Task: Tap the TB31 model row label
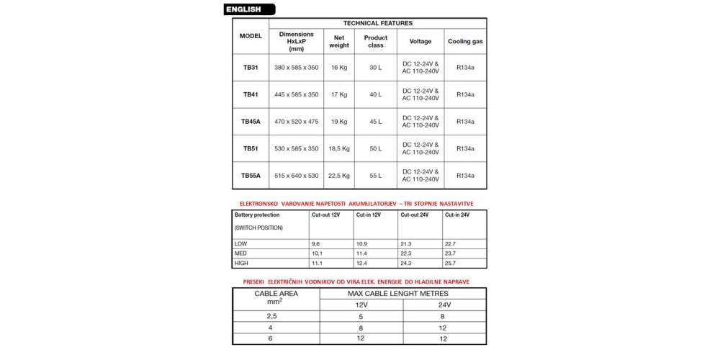(251, 67)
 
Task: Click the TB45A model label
(251, 122)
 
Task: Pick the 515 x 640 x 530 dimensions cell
(297, 175)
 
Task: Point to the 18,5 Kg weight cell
(339, 148)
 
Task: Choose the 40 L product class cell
(375, 94)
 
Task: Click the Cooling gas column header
(465, 42)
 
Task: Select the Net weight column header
(339, 42)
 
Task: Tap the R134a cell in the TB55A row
(465, 175)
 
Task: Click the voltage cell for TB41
(420, 94)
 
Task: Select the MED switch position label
(240, 253)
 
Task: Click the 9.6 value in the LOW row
(316, 244)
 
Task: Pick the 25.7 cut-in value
(451, 264)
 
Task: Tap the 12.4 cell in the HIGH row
(363, 264)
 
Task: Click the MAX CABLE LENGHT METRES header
(398, 294)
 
